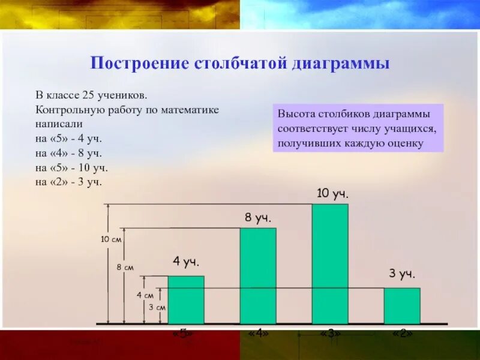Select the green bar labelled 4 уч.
[x=186, y=299]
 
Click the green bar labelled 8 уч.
[x=258, y=275]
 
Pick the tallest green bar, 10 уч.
[x=330, y=263]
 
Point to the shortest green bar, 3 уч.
[x=402, y=305]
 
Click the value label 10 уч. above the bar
[x=332, y=193]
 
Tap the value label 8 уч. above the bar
[x=258, y=218]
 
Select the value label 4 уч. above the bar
[x=186, y=262]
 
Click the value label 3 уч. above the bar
[x=402, y=274]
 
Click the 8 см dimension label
[x=125, y=268]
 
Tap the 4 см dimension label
[x=145, y=295]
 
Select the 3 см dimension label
[x=157, y=307]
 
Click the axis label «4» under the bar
[x=258, y=333]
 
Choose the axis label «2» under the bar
[x=402, y=333]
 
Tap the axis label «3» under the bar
[x=330, y=333]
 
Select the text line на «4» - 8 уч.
[x=68, y=153]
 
